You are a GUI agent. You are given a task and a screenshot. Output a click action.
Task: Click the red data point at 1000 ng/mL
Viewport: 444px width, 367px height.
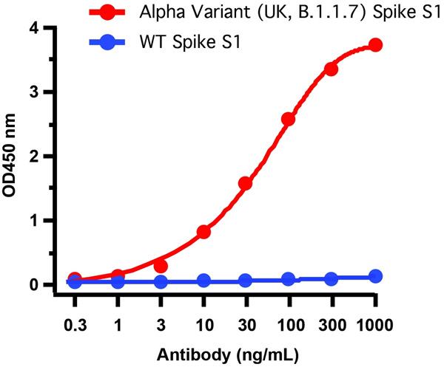(375, 45)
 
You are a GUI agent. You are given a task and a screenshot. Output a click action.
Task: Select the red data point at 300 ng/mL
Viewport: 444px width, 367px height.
(331, 69)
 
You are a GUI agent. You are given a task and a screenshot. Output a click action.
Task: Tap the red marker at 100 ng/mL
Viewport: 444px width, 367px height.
(289, 119)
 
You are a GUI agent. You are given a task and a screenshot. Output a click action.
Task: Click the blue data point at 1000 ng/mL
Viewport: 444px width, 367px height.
(375, 276)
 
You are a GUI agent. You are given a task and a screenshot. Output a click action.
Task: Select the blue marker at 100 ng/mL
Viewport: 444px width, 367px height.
(289, 279)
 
